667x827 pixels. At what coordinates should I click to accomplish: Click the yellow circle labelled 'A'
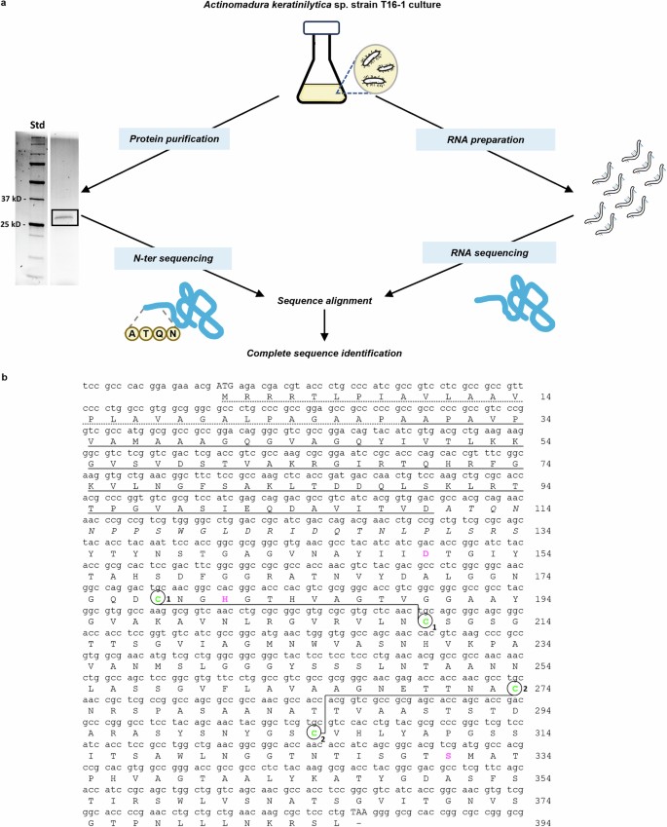coord(132,333)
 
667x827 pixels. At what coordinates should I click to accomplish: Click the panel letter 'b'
coord(6,375)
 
